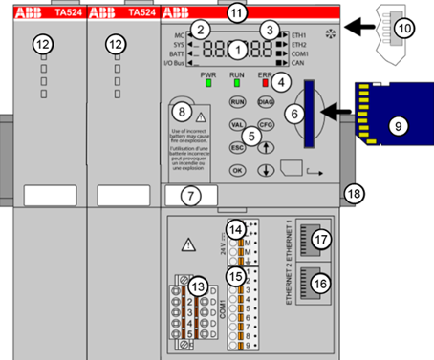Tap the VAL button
(x=236, y=124)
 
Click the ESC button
(x=236, y=148)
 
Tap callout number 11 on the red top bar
(x=237, y=11)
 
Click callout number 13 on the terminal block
(x=198, y=287)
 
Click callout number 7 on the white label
(x=191, y=197)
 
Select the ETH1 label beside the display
(x=300, y=33)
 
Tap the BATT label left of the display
(x=174, y=54)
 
